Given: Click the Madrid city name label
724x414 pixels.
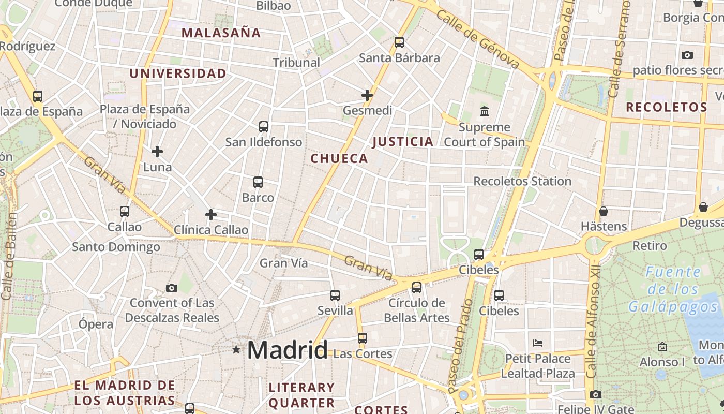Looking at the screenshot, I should pos(287,350).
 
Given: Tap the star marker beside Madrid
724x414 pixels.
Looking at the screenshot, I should pos(236,350).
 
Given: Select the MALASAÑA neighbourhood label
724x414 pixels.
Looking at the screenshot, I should pos(221,33).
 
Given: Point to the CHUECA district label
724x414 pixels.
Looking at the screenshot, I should pos(339,159).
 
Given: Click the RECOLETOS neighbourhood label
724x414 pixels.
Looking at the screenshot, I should pos(666,108).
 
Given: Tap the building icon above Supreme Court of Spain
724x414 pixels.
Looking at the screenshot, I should pos(485,111).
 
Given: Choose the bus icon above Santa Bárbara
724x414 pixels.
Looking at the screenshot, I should pos(399,42).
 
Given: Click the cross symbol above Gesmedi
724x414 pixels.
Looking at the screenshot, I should pos(367,95).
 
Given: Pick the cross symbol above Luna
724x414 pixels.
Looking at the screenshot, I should pos(157,152).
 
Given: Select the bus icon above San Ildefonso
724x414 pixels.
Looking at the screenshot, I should pos(264,126).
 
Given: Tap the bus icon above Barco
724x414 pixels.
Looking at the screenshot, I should pos(258,182).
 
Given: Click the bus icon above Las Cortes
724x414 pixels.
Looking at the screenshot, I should pos(363,338).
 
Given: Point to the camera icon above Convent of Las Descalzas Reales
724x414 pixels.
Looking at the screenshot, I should pos(172,288).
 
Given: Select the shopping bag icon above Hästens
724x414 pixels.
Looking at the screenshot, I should pos(604,211).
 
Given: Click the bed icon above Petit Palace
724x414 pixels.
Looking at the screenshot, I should pos(538,343).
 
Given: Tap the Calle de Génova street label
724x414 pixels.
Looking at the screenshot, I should pos(477,39).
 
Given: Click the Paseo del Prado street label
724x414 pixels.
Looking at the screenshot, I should pos(461,346).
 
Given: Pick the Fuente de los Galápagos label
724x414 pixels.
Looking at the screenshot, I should pos(673,289).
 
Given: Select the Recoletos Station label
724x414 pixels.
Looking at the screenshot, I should pos(522,182).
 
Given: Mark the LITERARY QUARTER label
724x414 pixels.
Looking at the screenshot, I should pos(302,395).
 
